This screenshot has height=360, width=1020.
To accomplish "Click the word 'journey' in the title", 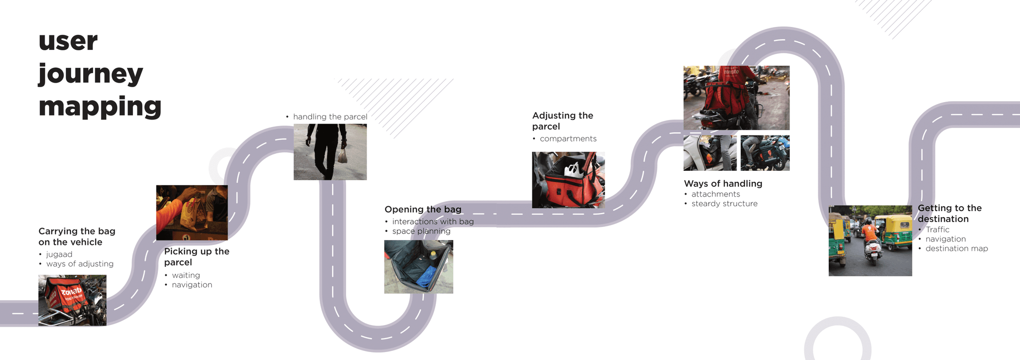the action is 91,75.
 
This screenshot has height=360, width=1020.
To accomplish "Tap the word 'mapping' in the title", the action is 100,107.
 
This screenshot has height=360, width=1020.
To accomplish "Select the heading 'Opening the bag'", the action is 423,210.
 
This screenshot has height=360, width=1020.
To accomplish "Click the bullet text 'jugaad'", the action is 59,254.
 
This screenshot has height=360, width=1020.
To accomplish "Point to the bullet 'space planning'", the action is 421,231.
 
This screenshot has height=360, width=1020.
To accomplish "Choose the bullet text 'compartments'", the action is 568,139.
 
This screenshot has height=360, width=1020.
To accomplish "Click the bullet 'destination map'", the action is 957,248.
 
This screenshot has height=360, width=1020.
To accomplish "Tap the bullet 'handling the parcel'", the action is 330,117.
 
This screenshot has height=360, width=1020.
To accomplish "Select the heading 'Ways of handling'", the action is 723,184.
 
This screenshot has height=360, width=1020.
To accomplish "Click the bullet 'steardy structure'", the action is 725,204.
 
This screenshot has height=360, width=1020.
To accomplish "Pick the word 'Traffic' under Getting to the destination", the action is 937,230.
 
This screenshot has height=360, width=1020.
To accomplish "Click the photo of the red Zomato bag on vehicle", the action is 72,300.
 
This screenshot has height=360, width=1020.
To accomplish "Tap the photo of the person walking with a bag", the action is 330,152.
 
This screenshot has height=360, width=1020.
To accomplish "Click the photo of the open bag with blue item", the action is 418,267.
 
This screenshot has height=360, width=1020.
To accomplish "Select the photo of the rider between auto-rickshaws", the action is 870,240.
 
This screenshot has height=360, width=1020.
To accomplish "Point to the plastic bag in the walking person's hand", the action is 342,157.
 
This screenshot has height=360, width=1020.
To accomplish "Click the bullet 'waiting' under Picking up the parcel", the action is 186,275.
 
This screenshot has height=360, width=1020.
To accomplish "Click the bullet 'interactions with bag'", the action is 433,222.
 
